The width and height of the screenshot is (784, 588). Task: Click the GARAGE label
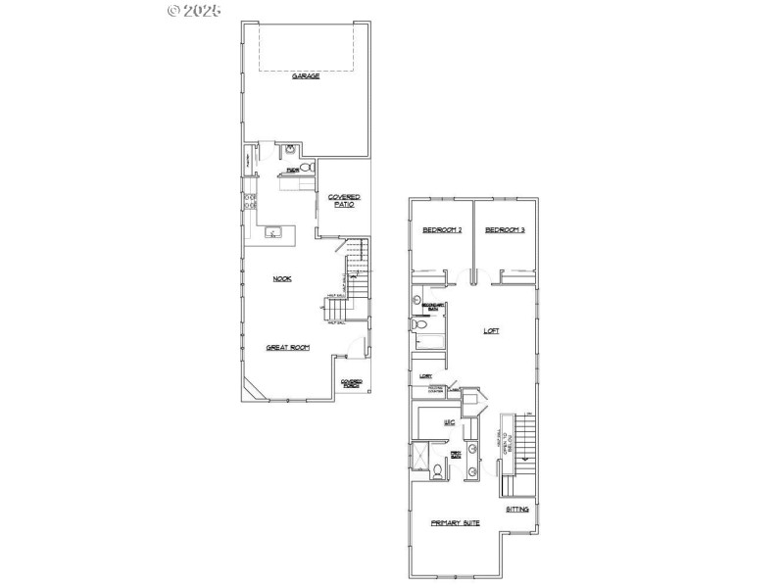coord(306,75)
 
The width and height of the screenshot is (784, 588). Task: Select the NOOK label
coord(282,278)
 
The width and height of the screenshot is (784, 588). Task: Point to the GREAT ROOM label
coord(288,347)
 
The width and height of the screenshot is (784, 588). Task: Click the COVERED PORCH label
coord(351,383)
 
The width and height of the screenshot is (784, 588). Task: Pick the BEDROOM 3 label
coord(506,230)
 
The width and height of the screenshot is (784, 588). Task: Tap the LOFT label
coord(492,330)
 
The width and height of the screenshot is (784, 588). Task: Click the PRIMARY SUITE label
coord(456,524)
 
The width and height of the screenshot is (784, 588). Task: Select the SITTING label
coord(517,510)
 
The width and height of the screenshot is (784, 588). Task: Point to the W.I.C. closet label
coord(449,422)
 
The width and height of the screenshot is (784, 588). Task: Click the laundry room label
coord(426,375)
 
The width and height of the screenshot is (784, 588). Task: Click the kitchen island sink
coord(274,232)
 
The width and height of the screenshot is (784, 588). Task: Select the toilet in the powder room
coord(305,169)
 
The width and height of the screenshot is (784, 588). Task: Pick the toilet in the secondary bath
coord(419,322)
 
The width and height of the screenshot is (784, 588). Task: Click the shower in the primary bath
coord(419,457)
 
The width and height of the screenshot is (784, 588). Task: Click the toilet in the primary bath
coord(437,470)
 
